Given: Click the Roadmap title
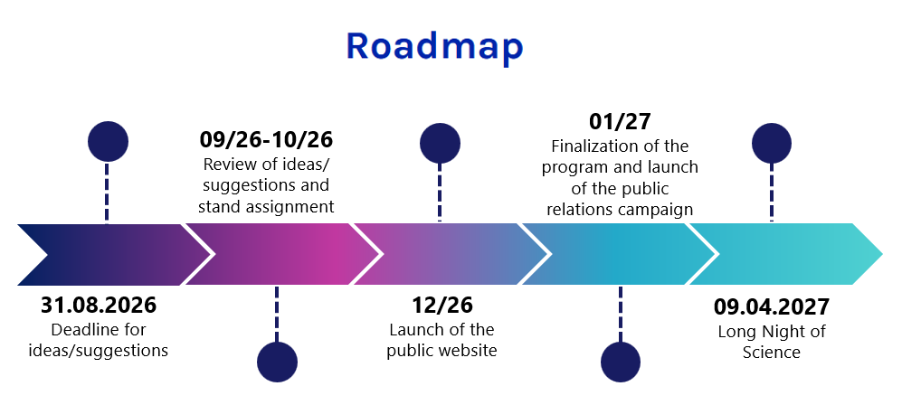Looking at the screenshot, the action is coord(435,47).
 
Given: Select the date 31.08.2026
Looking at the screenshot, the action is coord(99,305).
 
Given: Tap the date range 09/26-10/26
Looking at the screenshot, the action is coord(266,139).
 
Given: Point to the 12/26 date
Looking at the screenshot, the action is coord(442,305).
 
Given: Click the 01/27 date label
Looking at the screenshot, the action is coord(620,121).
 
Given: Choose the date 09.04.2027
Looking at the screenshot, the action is coord(772,306).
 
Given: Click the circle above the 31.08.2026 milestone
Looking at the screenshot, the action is coord(108,141).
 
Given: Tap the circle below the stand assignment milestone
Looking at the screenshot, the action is coord(277,363).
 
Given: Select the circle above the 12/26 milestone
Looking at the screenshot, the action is coord(440,143).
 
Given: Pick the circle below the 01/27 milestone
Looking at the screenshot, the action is coord(621,363).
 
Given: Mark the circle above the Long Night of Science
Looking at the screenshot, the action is coord(772,143).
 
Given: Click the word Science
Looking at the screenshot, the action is coord(772,352).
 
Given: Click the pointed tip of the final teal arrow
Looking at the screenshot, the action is coord(882,253).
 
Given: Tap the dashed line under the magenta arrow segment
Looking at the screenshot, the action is coord(277,315).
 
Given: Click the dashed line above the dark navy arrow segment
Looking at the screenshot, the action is coord(107,192).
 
